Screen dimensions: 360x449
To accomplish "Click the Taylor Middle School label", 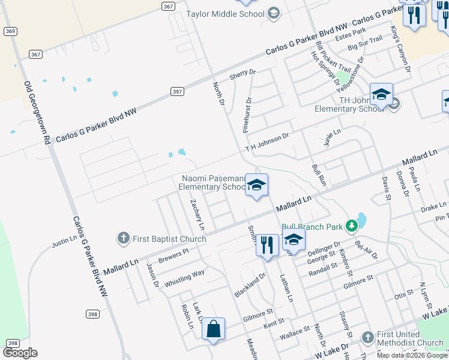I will coord(225,14).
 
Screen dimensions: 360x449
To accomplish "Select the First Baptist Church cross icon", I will coord(123,238).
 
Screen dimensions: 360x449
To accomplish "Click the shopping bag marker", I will coord(213,329).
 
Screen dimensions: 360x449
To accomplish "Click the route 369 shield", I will coord(10,31).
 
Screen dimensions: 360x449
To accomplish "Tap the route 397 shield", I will coord(176,91).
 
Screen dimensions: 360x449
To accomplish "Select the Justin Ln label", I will coord(65,242).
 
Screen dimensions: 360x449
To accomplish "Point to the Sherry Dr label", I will coord(243,75).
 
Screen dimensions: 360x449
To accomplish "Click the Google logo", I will coord(20,353).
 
